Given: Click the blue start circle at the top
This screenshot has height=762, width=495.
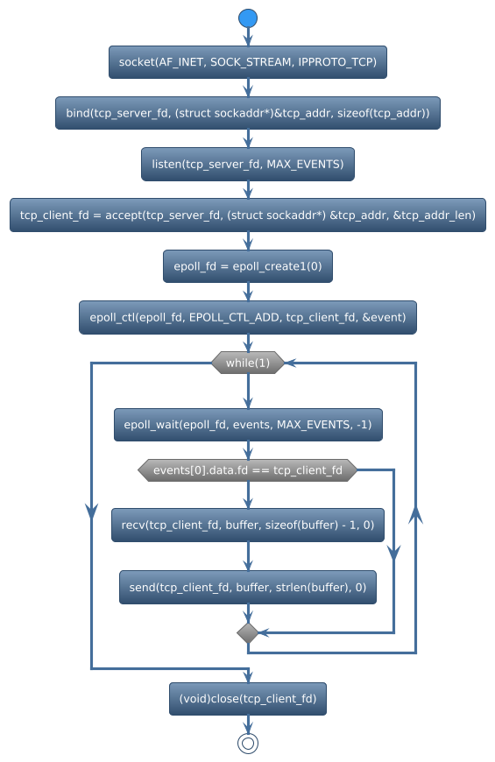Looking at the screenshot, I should tap(248, 18).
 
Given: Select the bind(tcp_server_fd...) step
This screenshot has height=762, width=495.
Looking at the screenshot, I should tap(248, 114).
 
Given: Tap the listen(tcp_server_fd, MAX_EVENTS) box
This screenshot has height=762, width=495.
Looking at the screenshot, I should tap(248, 165).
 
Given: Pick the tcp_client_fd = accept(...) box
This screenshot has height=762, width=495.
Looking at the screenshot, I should tap(248, 215).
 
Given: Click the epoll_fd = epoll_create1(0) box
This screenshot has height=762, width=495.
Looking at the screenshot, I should tap(248, 266).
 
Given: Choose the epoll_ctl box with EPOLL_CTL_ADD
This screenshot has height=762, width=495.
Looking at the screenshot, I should tap(248, 317).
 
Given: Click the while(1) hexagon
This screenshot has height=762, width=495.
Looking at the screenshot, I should tap(248, 363).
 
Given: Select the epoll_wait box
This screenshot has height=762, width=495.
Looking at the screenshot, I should tap(248, 425).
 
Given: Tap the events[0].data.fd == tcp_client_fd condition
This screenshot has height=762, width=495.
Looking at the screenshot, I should tap(248, 470).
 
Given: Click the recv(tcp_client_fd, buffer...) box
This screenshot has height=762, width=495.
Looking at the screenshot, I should tap(248, 525).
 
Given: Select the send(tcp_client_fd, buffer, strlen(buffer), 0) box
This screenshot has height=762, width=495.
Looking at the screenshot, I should tap(248, 588).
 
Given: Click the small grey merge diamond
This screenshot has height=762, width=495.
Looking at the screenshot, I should tap(248, 632).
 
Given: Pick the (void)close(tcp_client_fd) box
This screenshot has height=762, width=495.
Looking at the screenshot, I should tap(248, 699).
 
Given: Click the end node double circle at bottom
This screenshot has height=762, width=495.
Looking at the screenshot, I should tap(248, 743).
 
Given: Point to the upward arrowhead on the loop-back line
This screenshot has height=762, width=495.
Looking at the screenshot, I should tap(416, 517).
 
